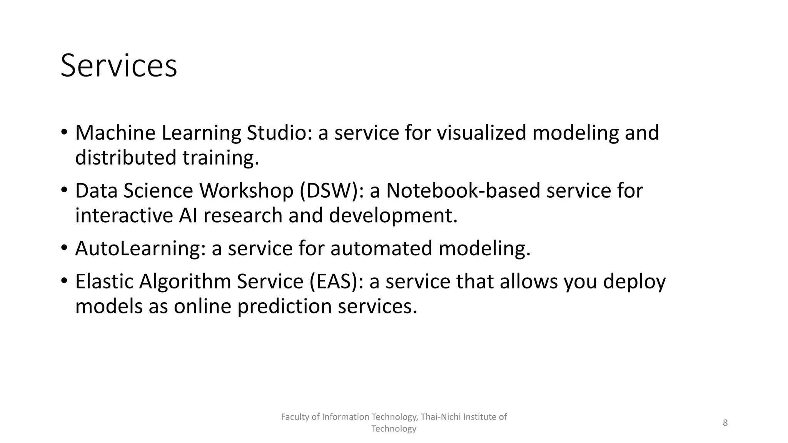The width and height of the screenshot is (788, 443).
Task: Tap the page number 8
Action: coord(725,423)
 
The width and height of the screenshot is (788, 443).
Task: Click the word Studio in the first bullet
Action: coord(279,133)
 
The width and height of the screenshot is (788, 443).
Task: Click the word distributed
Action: coord(126,158)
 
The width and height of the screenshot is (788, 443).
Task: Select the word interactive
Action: coord(124,215)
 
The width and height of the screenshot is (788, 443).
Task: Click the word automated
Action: coord(381,248)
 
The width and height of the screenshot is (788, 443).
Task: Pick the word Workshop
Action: coord(246,191)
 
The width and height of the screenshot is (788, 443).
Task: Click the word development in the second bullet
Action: coord(393,215)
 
